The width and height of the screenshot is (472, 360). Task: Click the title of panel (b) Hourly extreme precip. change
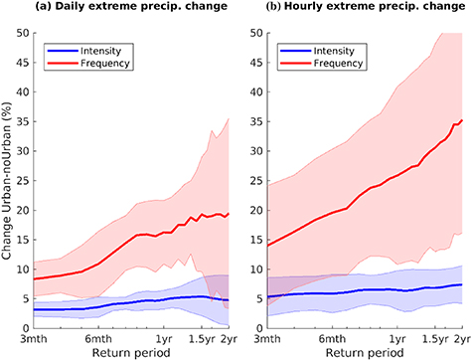356,10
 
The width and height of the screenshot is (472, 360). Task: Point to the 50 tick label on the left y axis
22,33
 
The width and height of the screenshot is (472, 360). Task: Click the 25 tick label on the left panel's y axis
22,181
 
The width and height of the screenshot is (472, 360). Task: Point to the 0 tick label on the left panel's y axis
25,328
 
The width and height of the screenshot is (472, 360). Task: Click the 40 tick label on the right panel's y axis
248,91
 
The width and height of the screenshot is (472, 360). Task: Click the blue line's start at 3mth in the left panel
34,309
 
